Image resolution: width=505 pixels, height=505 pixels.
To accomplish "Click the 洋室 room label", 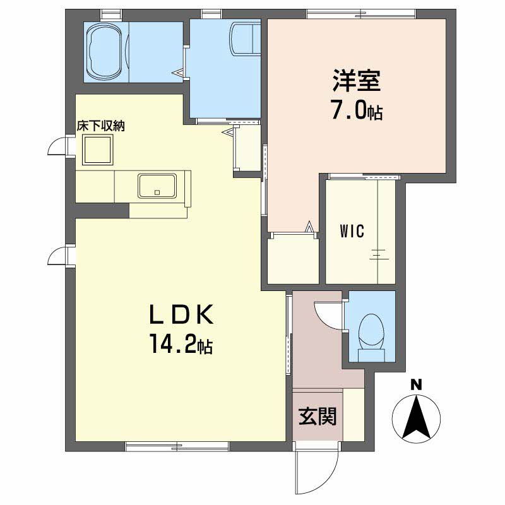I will click(x=357, y=82).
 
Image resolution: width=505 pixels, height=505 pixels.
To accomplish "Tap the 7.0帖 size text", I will click(x=357, y=112).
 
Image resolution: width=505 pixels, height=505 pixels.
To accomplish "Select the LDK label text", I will click(x=182, y=314).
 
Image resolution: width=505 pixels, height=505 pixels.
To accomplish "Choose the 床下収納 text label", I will click(x=101, y=126).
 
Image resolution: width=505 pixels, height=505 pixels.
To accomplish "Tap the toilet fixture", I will click(x=371, y=333).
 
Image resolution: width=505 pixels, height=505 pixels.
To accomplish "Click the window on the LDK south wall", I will click(x=177, y=447).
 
